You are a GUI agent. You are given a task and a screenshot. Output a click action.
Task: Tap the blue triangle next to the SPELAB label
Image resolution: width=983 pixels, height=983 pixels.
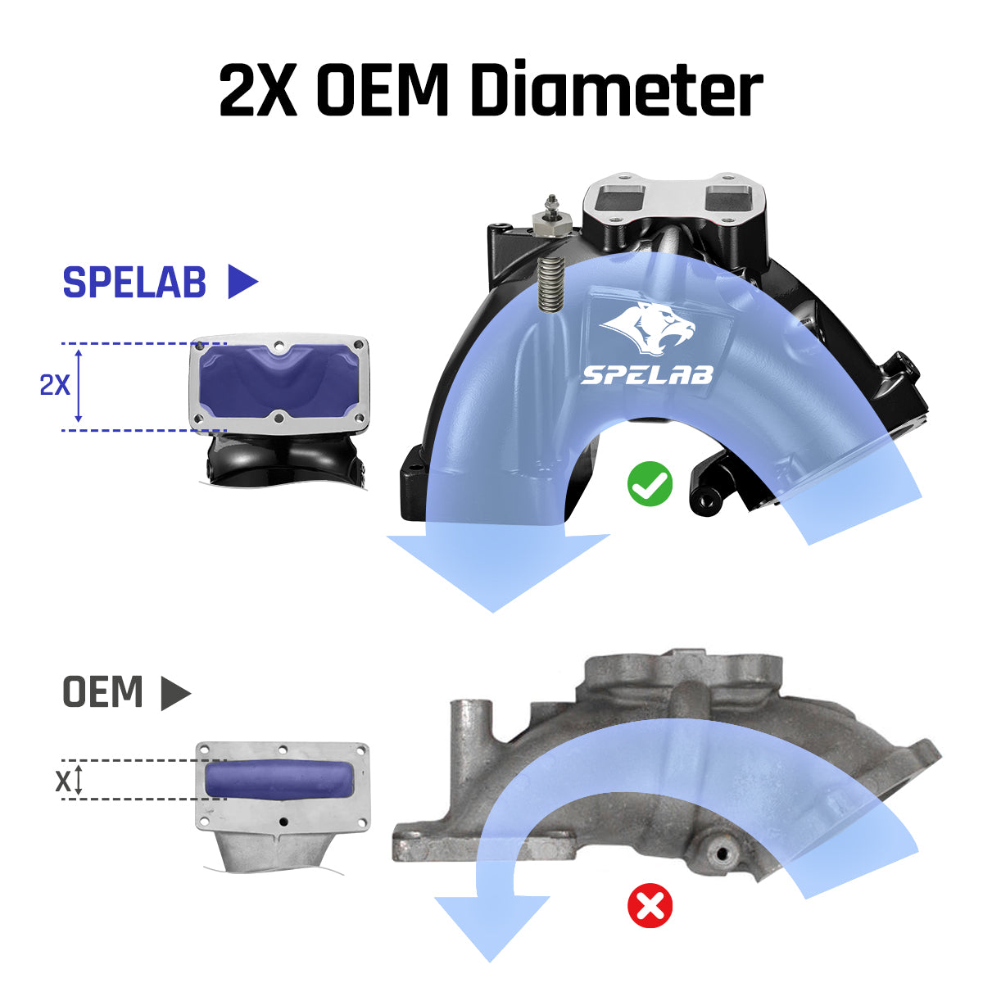pos(242,281)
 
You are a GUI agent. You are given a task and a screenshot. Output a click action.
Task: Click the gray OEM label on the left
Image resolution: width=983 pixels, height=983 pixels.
pos(102,691)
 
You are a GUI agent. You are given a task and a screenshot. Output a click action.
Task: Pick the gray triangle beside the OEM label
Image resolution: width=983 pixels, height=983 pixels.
pos(175,693)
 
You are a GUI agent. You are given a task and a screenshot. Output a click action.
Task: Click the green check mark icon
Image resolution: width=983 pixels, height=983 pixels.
pos(650,483)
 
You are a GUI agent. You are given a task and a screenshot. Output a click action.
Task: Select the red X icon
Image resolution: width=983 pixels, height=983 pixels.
pos(650,905)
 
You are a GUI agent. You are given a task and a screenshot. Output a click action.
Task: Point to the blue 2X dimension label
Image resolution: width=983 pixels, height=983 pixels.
pos(55,385)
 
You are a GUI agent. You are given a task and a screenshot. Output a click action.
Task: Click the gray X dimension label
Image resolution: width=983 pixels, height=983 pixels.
pos(63,781)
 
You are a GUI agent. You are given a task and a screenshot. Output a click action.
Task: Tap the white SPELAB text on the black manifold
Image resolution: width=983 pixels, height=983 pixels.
pos(647,375)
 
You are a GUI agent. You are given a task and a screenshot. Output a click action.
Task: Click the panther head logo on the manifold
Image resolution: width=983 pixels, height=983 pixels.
pos(648,327)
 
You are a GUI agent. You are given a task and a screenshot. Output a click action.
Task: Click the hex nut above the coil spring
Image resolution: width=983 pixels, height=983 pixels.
pos(551,223)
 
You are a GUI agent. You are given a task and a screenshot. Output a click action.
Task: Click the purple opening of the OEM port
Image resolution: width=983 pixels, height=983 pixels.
pos(280,780)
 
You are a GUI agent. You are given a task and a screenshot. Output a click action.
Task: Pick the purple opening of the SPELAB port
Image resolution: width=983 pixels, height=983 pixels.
pos(279,379)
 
